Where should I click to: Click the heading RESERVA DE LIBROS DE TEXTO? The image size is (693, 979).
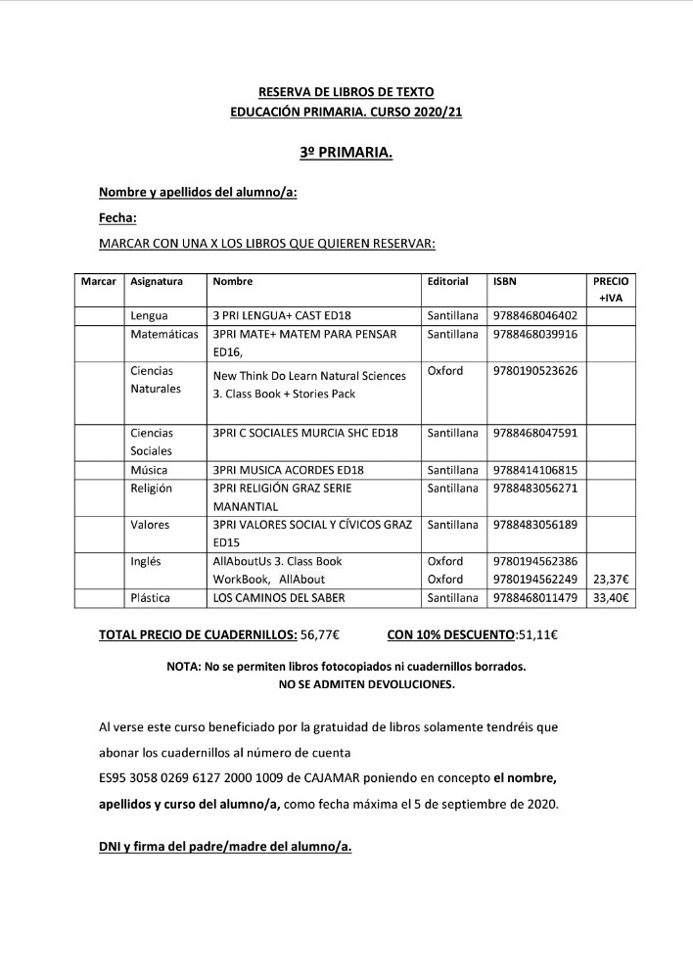(x=346, y=91)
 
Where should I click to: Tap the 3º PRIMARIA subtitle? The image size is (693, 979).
(x=346, y=154)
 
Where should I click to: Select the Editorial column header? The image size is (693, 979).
(x=448, y=281)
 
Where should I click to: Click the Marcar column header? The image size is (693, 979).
(x=99, y=281)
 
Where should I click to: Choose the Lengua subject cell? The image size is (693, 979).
(x=150, y=316)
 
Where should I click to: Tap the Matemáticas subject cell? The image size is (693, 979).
(x=164, y=335)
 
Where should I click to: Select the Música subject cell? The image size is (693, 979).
(x=150, y=470)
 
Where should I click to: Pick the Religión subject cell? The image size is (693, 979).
(x=152, y=488)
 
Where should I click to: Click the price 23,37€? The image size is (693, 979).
(x=611, y=578)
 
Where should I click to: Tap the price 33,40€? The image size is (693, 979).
(x=611, y=596)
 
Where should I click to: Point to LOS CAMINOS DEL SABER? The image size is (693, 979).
(x=278, y=596)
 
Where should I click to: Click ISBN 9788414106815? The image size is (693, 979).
(x=535, y=470)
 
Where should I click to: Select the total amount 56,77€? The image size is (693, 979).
(x=320, y=634)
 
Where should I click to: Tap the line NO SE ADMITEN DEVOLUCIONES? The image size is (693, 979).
(x=346, y=684)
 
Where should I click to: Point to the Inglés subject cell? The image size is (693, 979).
(x=148, y=561)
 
